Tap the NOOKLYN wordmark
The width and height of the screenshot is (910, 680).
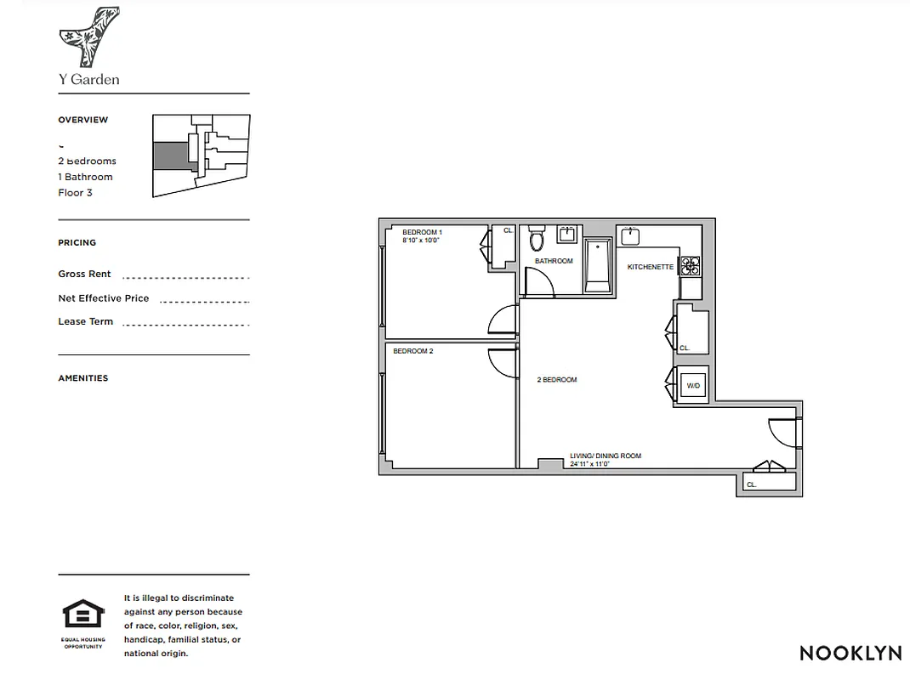coord(850,653)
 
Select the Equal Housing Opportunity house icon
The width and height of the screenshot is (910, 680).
coord(83,614)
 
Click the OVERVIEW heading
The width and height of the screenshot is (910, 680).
coord(83,120)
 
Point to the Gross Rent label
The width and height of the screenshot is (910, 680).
coord(84,274)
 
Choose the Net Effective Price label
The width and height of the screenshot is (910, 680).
coord(103,298)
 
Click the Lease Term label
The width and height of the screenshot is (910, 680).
coord(85,321)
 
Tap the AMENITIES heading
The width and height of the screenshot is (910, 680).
coord(83,378)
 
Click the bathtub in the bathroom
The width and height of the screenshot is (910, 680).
coord(599,266)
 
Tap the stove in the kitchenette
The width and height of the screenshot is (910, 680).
coord(690,267)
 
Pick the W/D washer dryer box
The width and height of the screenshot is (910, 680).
coord(693,386)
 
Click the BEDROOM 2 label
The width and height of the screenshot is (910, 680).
coord(413,351)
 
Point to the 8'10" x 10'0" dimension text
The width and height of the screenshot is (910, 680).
coord(423,241)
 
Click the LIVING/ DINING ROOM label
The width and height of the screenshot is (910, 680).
coord(606,456)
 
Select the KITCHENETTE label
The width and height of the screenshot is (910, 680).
coord(651,267)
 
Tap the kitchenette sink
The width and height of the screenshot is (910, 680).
coord(631,235)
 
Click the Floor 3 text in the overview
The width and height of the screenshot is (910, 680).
coord(75,193)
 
